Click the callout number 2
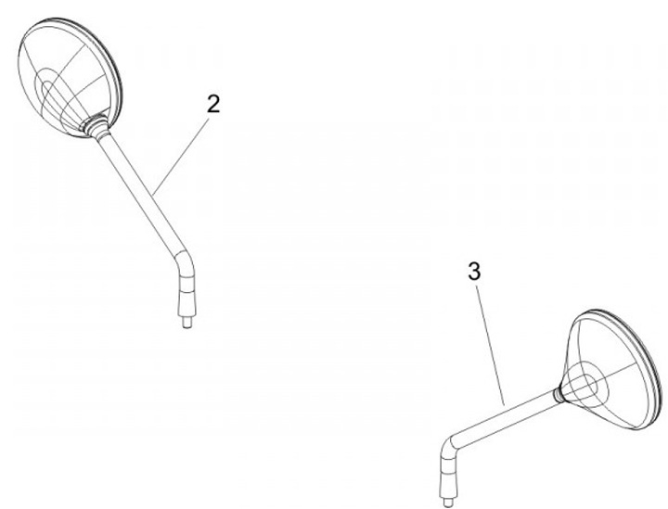pyautogui.click(x=213, y=104)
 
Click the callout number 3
pyautogui.click(x=474, y=271)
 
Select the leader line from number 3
pyautogui.click(x=491, y=346)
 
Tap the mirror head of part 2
pyautogui.click(x=71, y=78)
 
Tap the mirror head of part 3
pyautogui.click(x=612, y=369)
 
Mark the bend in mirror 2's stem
pyautogui.click(x=185, y=261)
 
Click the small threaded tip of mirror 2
pyautogui.click(x=186, y=322)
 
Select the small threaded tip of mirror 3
pyautogui.click(x=448, y=503)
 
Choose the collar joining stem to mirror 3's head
pyautogui.click(x=558, y=395)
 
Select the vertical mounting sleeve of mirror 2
pyautogui.click(x=187, y=295)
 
